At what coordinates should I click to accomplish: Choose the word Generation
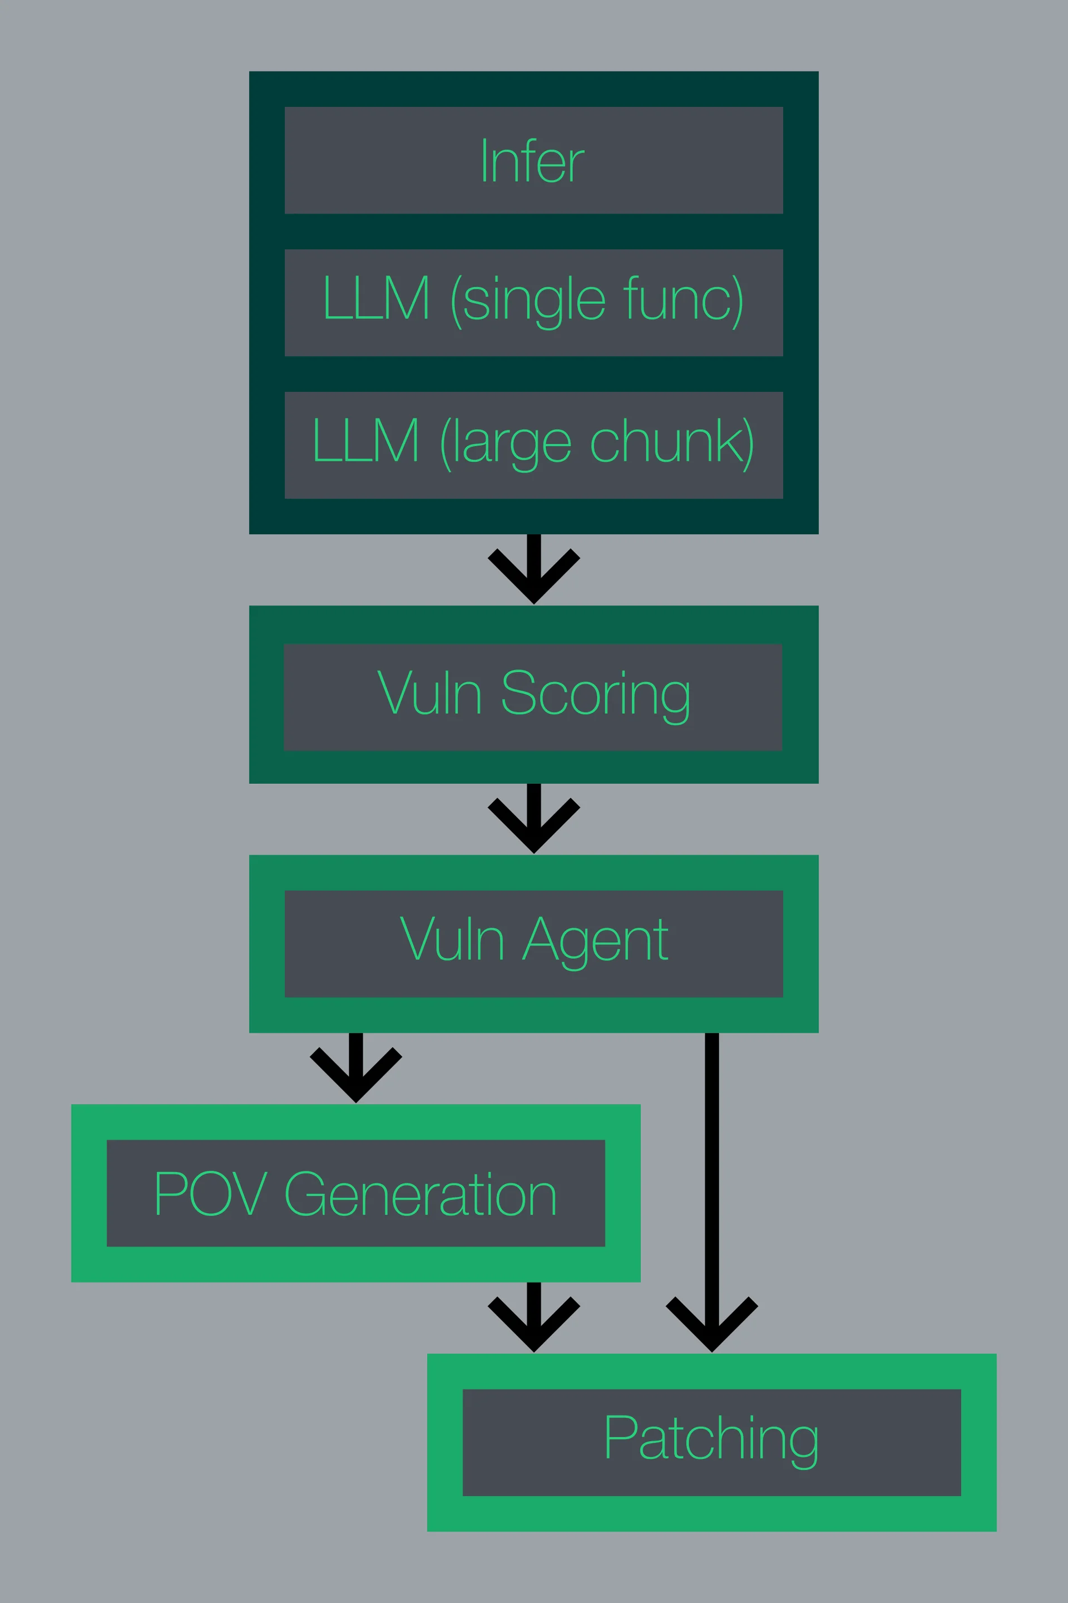(x=421, y=1194)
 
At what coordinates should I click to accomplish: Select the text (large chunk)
(x=597, y=443)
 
